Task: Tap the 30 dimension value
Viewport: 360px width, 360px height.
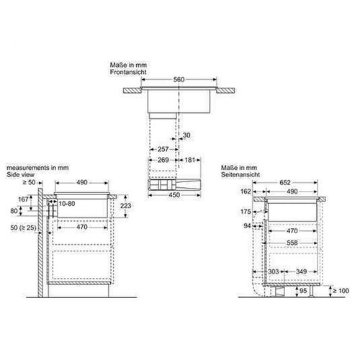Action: (x=188, y=136)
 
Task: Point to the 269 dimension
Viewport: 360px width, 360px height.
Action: (x=164, y=160)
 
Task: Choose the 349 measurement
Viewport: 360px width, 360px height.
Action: (x=302, y=271)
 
